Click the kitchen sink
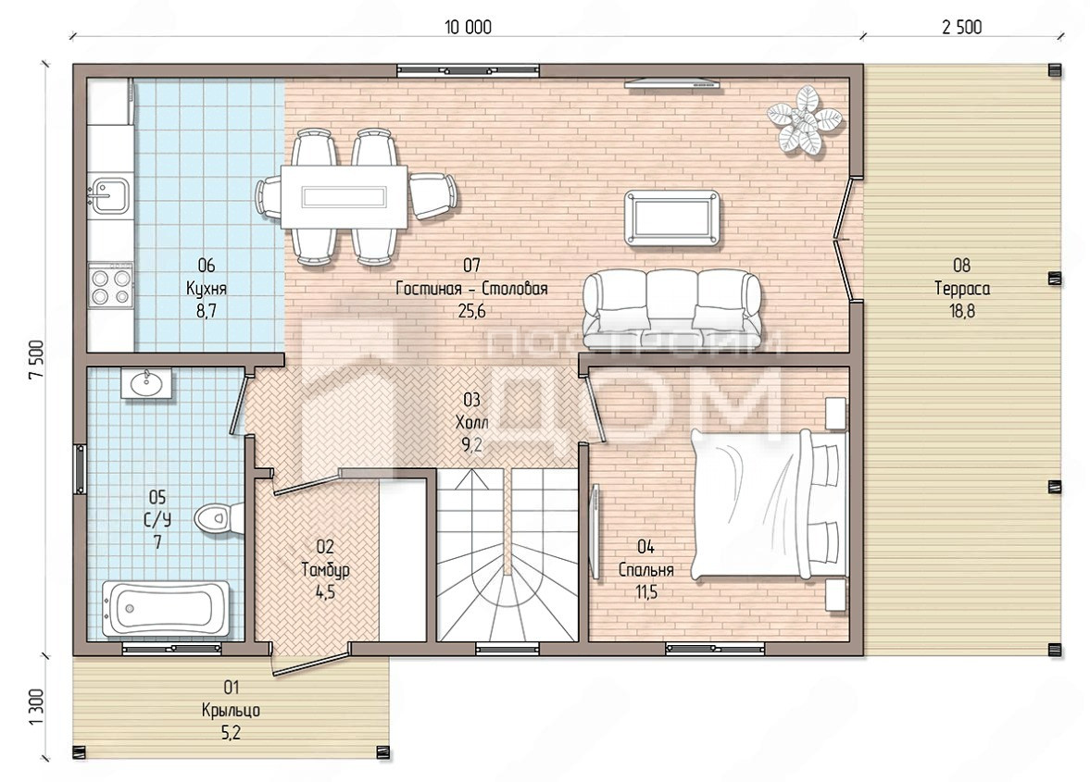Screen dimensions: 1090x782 pos(109,194)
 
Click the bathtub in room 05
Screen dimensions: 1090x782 pos(166,608)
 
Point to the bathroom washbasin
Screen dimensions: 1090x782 pos(146,383)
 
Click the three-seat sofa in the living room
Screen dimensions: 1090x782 pos(671,309)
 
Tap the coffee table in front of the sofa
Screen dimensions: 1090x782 pos(672,218)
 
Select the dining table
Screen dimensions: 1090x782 pos(345,196)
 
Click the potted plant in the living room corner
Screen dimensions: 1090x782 pos(807,119)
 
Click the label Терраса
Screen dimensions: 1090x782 pos(962,288)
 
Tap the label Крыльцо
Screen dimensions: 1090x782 pos(231,711)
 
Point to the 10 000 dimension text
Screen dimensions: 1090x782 pos(468,27)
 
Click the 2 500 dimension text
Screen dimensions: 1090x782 pos(962,27)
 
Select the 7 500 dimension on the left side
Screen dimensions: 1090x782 pos(36,359)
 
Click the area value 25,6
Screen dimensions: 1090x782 pos(472,311)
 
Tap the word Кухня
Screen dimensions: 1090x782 pos(207,288)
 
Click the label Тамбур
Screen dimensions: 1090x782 pos(325,569)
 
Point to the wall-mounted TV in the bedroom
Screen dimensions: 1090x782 pos(595,533)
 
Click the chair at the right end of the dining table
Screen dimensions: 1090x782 pos(432,196)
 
